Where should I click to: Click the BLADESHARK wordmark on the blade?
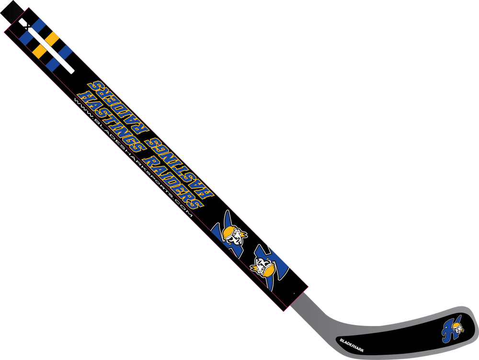[352, 344]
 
